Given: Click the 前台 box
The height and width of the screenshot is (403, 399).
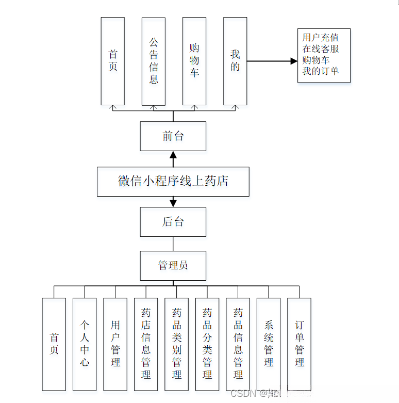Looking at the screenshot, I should tap(173, 136).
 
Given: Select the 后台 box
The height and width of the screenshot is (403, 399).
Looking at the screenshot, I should tap(173, 222).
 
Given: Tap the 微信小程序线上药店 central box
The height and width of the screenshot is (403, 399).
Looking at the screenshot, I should tap(173, 181).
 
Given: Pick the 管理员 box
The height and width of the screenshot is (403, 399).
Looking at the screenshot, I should tap(173, 265).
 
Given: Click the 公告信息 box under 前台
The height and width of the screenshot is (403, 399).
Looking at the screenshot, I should tap(153, 61).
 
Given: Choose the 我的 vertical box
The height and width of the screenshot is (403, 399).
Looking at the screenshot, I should tap(235, 61).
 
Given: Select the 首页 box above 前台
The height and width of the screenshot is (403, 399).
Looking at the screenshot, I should tap(112, 61).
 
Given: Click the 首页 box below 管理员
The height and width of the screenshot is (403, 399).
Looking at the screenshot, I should tap(54, 344).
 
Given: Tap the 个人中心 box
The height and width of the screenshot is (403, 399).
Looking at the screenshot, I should tap(85, 344).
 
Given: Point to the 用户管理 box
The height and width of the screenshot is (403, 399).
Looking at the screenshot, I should tap(115, 344).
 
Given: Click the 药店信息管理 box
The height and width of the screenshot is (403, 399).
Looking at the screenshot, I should tap(146, 344).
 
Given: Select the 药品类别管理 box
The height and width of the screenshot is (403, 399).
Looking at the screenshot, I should tap(176, 344).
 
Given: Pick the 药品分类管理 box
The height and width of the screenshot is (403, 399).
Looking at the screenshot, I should tap(207, 344).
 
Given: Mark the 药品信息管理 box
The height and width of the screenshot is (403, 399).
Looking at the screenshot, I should tap(238, 344).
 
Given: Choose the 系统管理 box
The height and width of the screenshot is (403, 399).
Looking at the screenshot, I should tap(269, 344).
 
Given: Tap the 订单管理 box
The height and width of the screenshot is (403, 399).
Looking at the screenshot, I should tap(299, 344).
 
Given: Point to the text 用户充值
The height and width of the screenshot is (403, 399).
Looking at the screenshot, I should tap(321, 38).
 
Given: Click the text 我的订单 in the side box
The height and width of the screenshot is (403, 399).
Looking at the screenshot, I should tap(321, 71).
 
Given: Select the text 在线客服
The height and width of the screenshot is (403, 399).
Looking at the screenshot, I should tap(321, 49).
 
